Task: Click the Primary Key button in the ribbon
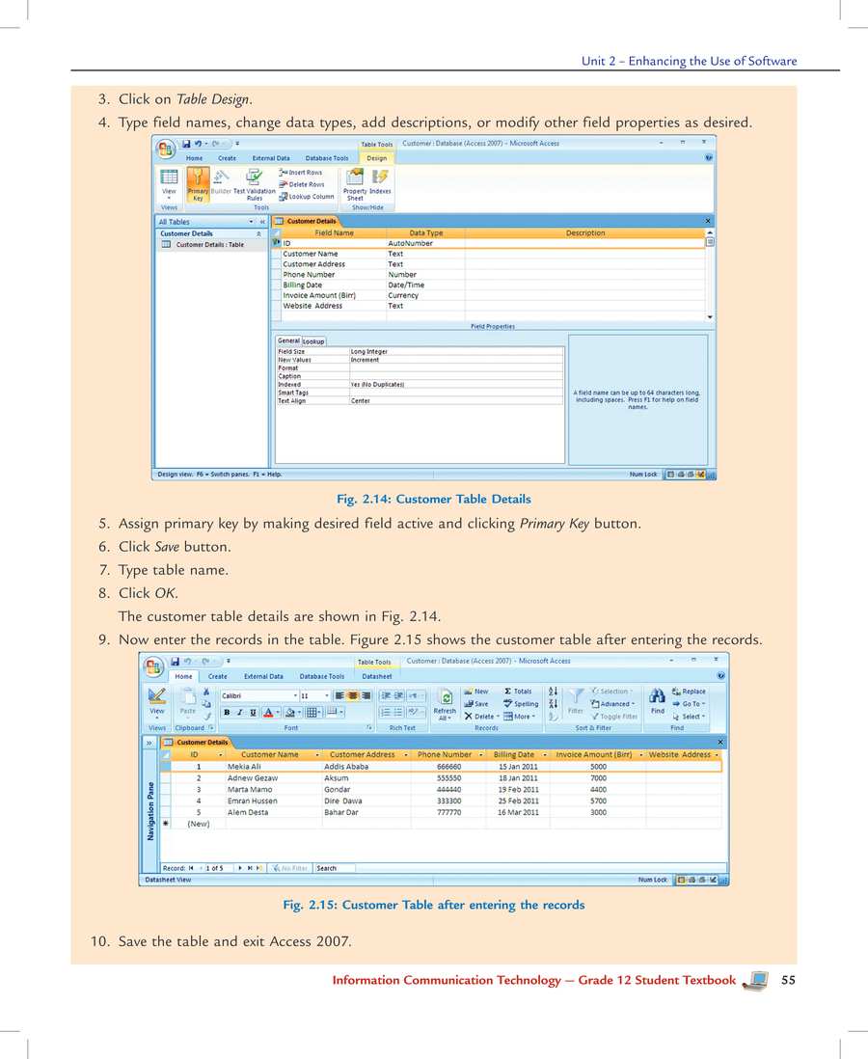197,183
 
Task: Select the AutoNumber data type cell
410,243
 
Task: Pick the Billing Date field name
302,285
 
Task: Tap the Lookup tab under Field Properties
313,341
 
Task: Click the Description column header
585,232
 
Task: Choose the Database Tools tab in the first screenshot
327,158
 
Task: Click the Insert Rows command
301,173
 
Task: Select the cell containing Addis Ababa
344,767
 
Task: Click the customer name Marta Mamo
249,789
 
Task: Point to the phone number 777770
448,812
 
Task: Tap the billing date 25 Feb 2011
518,801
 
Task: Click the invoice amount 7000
598,777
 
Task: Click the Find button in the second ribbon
657,701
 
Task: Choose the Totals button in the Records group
518,692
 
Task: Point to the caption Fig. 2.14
433,499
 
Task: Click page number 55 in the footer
788,980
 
